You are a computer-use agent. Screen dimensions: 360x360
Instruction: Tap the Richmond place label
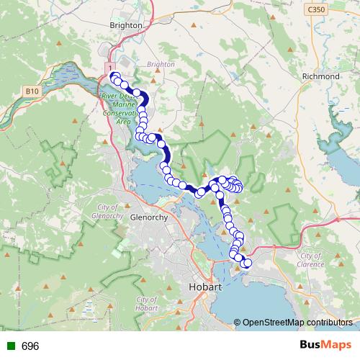click(x=322, y=76)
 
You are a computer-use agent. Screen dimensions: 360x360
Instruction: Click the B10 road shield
click(x=30, y=91)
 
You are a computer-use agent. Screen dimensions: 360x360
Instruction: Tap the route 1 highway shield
click(x=109, y=67)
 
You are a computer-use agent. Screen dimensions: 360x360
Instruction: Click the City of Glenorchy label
click(x=111, y=212)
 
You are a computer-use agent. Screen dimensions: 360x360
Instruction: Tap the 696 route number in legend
click(x=30, y=346)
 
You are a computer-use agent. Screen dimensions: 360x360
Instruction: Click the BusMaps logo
click(x=321, y=346)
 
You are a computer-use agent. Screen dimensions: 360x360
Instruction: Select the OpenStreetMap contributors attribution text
click(x=297, y=323)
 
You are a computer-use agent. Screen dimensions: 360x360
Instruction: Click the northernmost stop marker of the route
click(x=114, y=76)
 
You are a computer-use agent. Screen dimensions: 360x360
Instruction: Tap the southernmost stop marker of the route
click(x=247, y=264)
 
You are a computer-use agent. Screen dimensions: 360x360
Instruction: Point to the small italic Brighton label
click(x=161, y=64)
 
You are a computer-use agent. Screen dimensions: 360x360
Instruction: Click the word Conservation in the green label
click(x=120, y=112)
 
